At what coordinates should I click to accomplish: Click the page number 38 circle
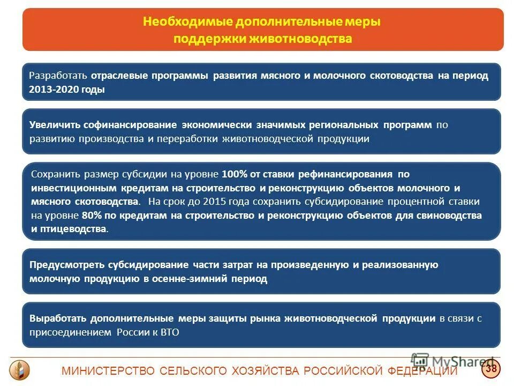[490, 368]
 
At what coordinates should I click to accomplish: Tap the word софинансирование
[138, 125]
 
